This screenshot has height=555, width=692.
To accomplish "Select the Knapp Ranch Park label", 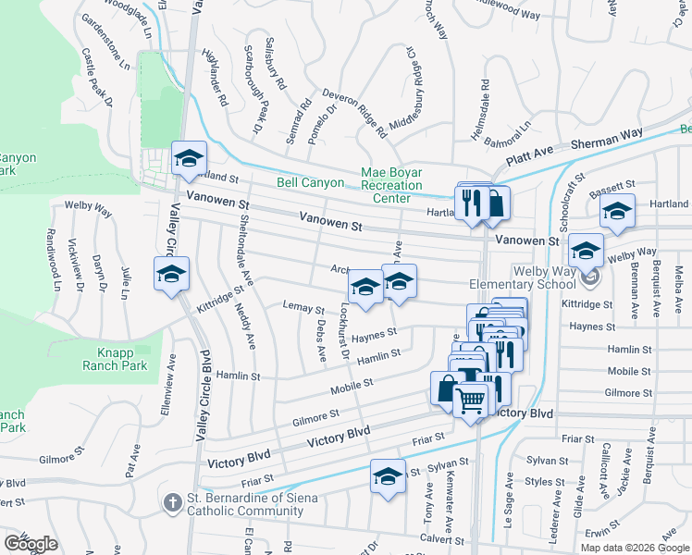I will coord(121,359).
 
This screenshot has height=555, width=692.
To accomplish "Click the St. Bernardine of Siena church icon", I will coord(172,503).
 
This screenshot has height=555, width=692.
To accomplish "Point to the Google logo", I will coord(30,544).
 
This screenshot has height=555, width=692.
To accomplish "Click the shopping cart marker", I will coord(471,401).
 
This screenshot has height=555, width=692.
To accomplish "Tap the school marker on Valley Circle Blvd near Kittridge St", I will coord(171,275).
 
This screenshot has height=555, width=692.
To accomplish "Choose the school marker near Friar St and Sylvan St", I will coord(388,476).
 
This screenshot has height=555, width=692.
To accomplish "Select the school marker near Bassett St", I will coord(617,213).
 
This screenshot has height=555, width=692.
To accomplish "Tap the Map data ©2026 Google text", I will coord(634,548).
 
